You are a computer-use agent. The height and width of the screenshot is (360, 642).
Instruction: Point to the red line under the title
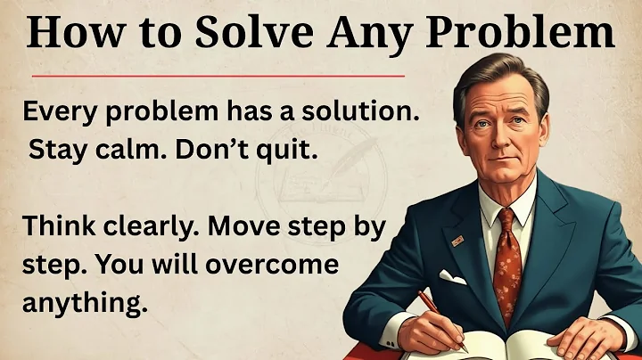214,75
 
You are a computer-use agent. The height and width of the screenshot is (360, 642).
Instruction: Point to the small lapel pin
457,241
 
